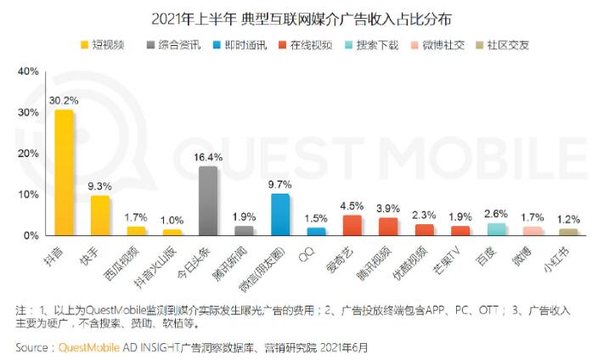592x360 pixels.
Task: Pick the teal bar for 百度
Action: (497, 228)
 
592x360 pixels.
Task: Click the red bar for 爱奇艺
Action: (352, 225)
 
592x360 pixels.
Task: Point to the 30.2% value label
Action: (65, 100)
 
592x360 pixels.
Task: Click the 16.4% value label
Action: (208, 157)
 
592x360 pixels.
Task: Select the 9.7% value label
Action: (280, 184)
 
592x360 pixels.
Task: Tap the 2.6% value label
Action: (497, 212)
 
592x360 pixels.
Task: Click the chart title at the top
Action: (296, 16)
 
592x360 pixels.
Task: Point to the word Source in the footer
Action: (32, 347)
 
